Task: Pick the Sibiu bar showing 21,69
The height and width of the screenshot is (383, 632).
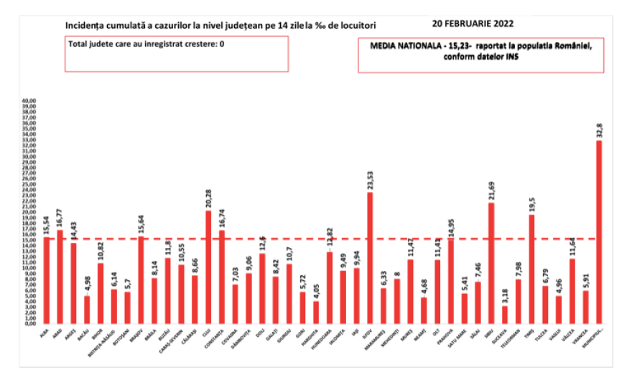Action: [x=491, y=262]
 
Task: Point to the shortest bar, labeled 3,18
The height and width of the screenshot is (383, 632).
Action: [x=505, y=314]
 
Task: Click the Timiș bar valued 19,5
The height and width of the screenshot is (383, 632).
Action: [x=532, y=269]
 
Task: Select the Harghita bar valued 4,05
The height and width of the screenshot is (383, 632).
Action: [x=315, y=312]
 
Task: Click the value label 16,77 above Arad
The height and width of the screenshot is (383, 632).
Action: [x=60, y=218]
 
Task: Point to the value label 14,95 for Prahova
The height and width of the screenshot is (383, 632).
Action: [x=450, y=226]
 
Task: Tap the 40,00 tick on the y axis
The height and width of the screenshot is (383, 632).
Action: [x=29, y=101]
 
